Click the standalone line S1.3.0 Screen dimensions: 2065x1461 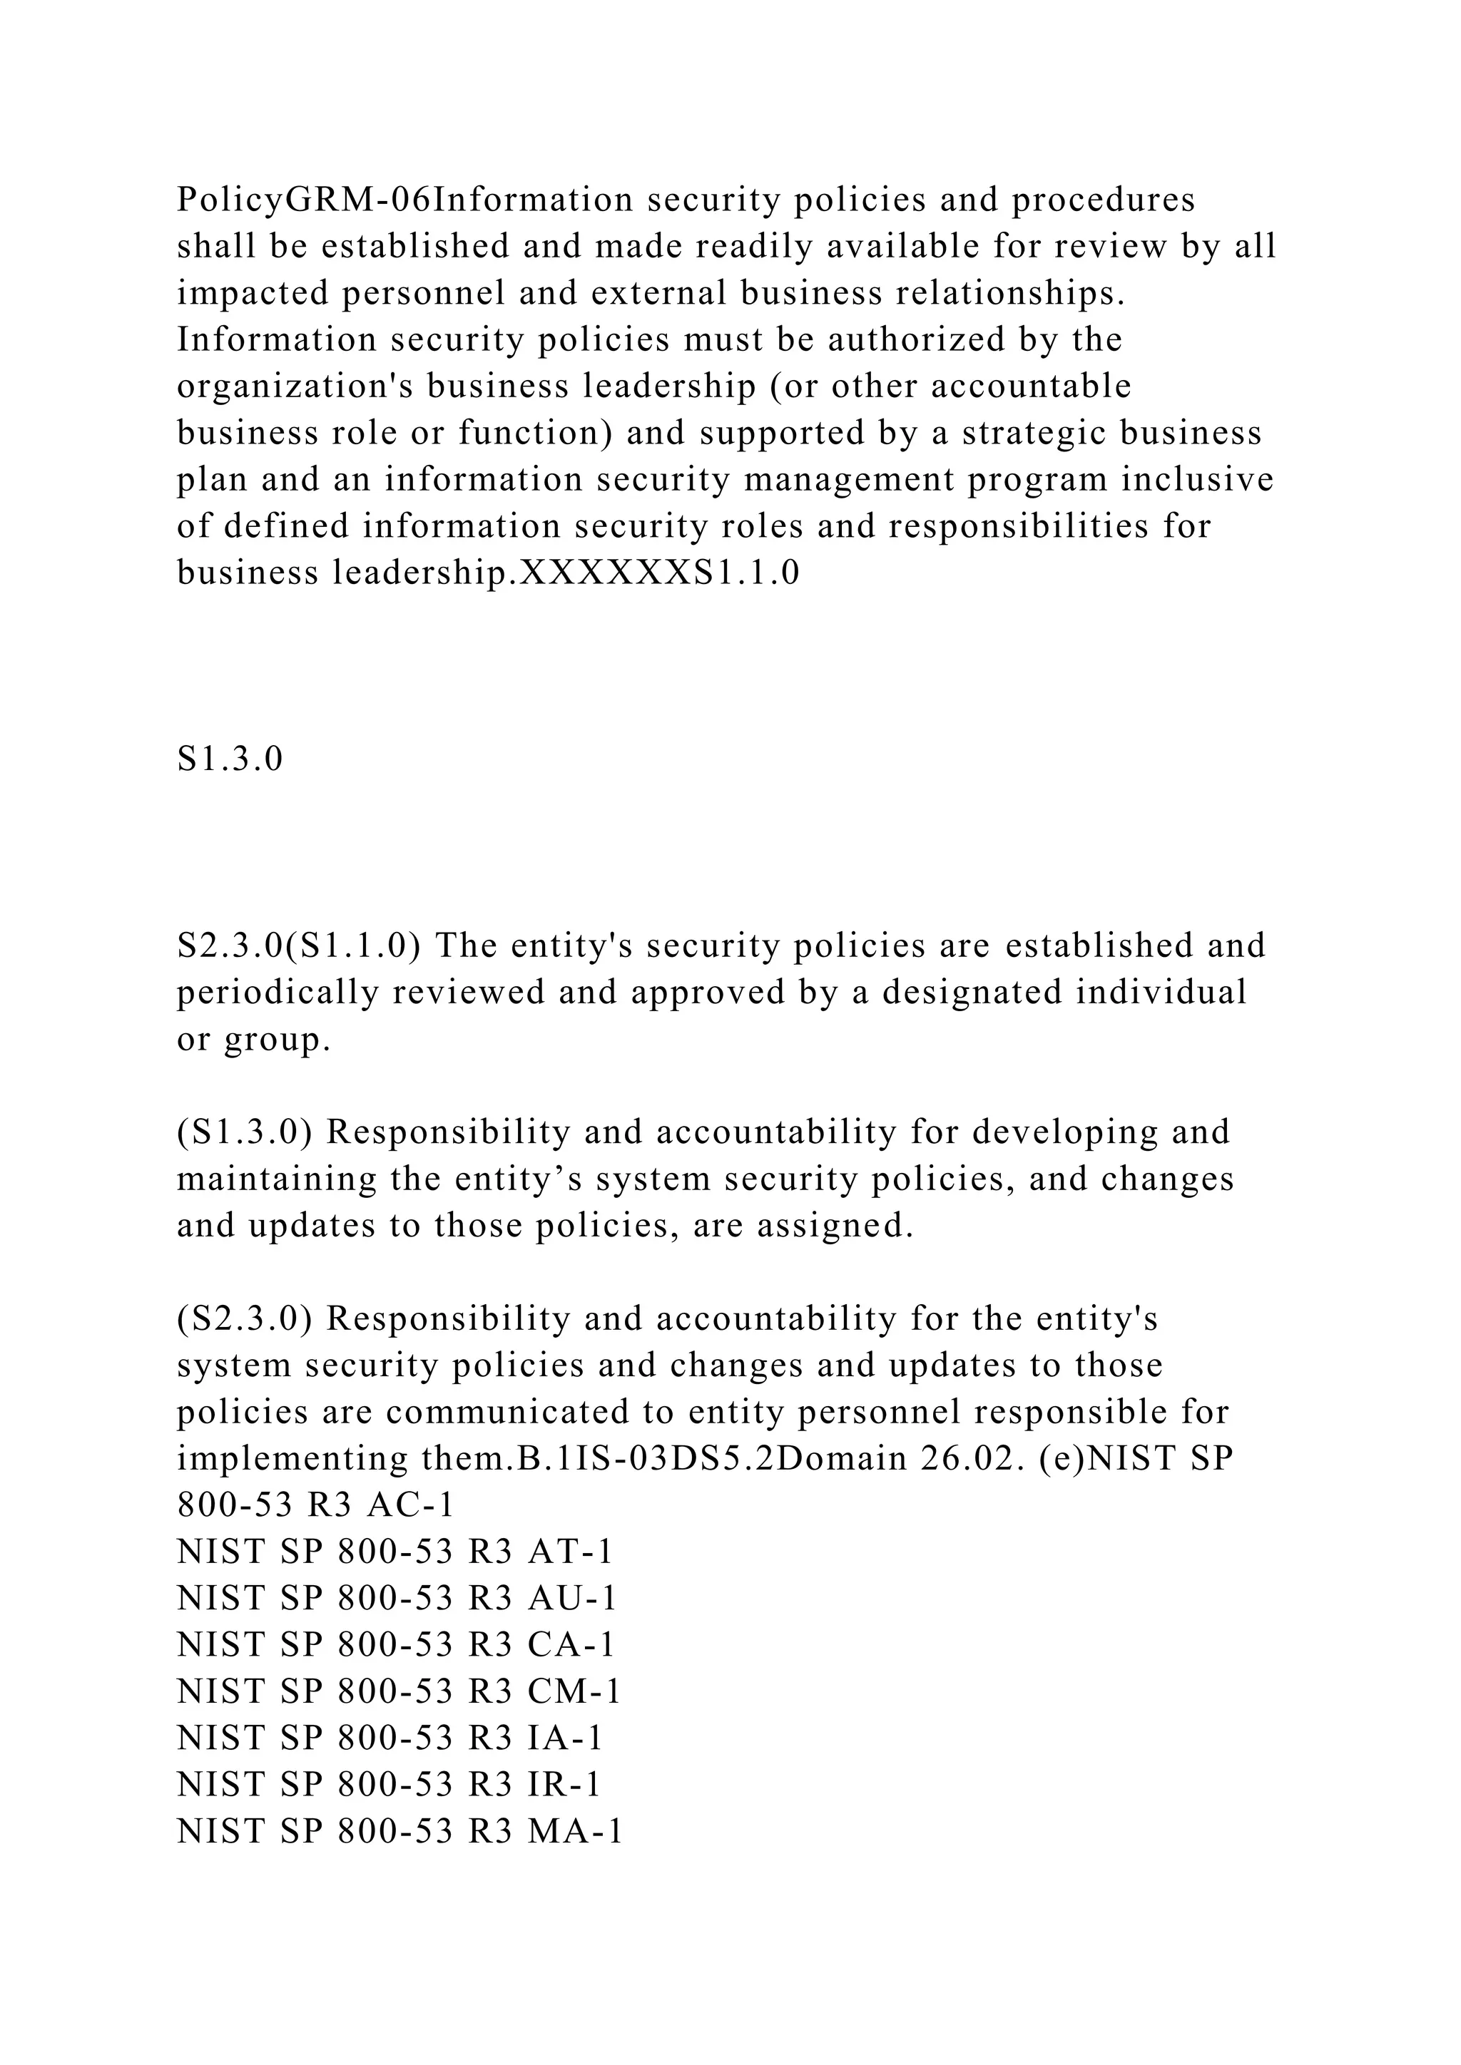pyautogui.click(x=230, y=759)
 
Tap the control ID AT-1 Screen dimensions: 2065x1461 pyautogui.click(x=571, y=1552)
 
